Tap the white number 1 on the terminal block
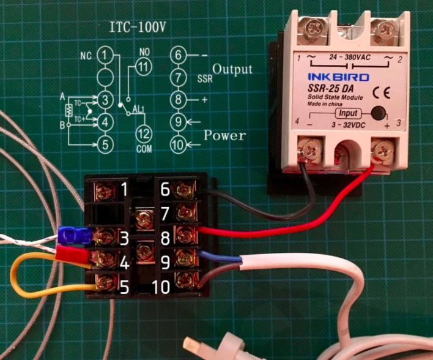coord(125,191)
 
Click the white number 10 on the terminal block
coord(159,285)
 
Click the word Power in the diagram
coord(225,135)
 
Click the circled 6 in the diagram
coord(177,56)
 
